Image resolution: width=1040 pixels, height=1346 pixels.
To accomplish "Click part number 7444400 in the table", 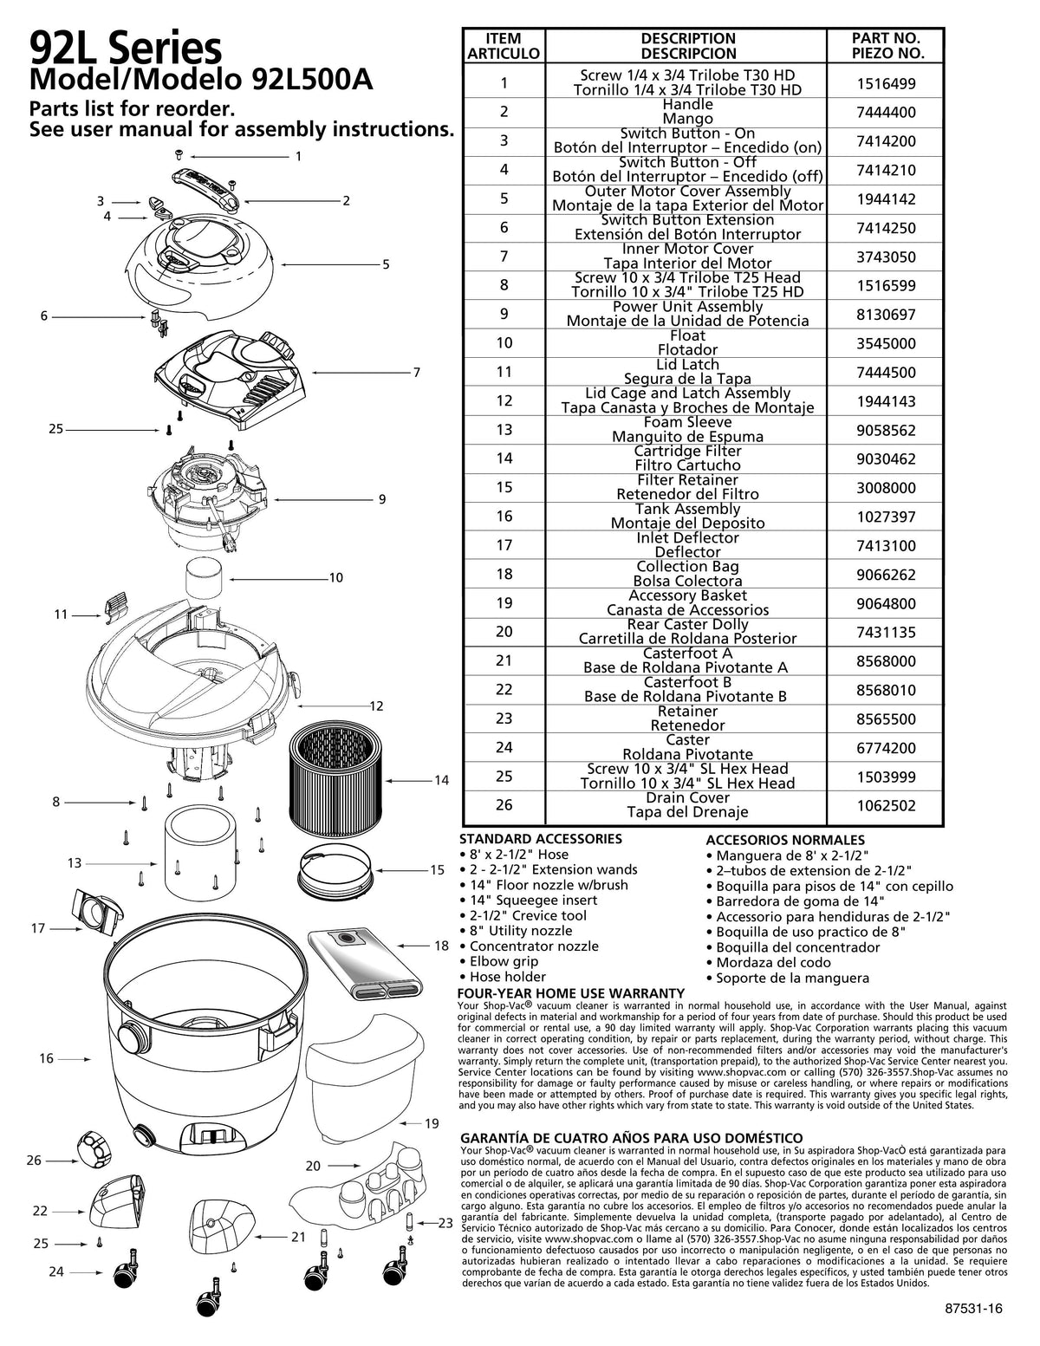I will coord(884,113).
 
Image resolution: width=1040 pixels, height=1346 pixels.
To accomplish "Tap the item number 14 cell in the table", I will coord(504,458).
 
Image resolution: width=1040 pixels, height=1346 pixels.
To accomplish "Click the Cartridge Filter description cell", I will coord(687,458).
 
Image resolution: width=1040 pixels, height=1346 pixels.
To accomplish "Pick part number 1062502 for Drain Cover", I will coord(884,805).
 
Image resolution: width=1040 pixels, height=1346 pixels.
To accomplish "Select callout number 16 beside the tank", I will coord(46,1058).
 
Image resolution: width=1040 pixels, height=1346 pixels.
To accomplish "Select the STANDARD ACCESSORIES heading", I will coord(540,839).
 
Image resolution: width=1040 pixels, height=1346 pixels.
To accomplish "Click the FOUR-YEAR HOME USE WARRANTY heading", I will coord(570,993).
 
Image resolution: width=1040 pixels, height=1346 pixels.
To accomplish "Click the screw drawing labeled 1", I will coord(179,154).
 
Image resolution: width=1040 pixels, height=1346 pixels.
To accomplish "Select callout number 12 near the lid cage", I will coord(376,706).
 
